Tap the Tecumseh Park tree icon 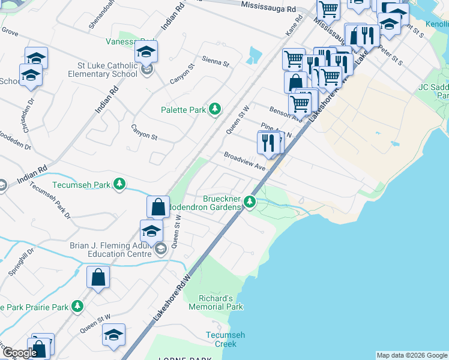120,184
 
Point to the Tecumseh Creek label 221,340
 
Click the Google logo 19,353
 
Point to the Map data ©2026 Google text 411,355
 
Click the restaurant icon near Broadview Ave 268,142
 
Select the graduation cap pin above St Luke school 146,52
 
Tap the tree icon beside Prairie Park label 77,306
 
